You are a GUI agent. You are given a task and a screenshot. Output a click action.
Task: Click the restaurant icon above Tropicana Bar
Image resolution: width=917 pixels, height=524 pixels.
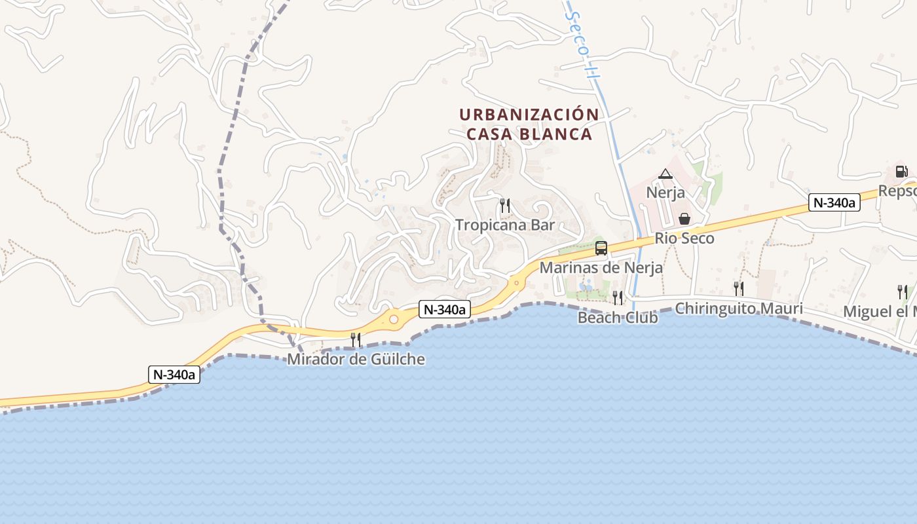point(504,206)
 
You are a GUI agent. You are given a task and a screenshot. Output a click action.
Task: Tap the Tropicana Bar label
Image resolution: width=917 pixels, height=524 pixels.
point(505,225)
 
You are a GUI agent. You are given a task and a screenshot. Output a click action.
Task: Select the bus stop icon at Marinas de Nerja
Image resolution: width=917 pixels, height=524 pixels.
point(601,248)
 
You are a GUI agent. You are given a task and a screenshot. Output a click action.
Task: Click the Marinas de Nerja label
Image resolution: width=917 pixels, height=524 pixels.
point(601,268)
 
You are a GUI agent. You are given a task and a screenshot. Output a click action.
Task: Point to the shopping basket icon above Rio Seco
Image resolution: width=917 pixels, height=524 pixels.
point(684,219)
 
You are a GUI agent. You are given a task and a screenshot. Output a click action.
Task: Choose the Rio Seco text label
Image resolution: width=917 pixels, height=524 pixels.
point(684,238)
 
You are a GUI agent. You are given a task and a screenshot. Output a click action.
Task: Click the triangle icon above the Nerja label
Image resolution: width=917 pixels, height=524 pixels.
point(665,174)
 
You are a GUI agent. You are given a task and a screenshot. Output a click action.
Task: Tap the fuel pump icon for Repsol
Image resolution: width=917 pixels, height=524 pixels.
point(902,172)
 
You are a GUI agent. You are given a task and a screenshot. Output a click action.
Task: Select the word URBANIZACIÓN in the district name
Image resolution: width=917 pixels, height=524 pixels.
point(529,115)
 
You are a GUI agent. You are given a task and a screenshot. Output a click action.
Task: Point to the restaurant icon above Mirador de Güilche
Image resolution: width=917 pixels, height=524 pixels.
point(356,339)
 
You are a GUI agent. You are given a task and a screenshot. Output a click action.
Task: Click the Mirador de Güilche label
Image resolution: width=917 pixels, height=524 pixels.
point(356,360)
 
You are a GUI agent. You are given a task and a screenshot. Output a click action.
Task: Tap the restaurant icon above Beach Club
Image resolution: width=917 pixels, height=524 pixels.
point(618,298)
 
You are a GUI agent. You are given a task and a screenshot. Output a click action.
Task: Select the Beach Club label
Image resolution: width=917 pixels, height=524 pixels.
point(617,318)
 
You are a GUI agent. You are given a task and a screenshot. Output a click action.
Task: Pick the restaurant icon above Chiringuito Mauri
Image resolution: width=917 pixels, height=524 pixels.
point(739,288)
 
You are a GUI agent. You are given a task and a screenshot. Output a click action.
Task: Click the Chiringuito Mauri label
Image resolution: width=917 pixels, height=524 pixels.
point(739,309)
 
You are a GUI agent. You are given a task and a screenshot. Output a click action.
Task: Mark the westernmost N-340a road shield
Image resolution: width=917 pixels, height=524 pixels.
point(174,375)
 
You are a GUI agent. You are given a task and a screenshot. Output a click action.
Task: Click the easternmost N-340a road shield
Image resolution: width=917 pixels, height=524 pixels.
point(834,203)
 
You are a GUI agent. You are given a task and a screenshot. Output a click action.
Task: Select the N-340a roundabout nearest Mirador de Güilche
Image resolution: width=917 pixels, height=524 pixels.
point(394,320)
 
